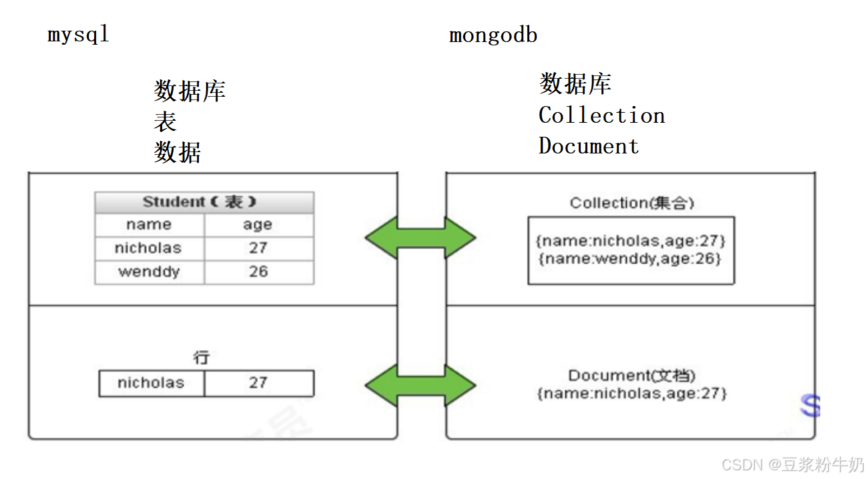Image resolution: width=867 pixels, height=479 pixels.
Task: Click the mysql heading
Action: pyautogui.click(x=78, y=34)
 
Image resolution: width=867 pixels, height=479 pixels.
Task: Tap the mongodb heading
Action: pyautogui.click(x=493, y=35)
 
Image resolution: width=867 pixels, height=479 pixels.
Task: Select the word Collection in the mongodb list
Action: pyautogui.click(x=601, y=115)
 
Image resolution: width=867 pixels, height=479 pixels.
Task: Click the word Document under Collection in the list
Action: pyautogui.click(x=589, y=146)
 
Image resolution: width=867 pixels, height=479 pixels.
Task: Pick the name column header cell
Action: pyautogui.click(x=149, y=225)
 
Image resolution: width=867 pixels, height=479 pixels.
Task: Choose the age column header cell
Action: pyautogui.click(x=258, y=225)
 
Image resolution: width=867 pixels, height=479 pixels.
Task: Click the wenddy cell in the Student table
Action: pyautogui.click(x=149, y=272)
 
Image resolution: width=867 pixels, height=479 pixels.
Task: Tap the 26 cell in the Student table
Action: pyautogui.click(x=258, y=272)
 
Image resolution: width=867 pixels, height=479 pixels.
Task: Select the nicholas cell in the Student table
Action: pyautogui.click(x=148, y=248)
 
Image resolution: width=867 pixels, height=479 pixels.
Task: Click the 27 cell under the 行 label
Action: pyautogui.click(x=258, y=383)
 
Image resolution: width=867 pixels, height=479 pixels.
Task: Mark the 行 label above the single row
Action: pyautogui.click(x=202, y=358)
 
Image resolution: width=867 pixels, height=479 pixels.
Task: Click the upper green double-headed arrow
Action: pyautogui.click(x=420, y=237)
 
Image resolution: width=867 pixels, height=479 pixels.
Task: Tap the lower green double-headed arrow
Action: pyautogui.click(x=420, y=385)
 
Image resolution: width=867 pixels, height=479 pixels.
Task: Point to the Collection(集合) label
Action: pyautogui.click(x=631, y=203)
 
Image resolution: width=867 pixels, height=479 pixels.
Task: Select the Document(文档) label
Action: pyautogui.click(x=632, y=376)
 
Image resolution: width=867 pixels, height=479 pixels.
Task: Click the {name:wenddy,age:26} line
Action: pyautogui.click(x=630, y=259)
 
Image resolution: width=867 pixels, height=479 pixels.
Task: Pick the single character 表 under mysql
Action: pyautogui.click(x=166, y=121)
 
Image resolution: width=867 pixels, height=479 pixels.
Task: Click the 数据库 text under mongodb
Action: pyautogui.click(x=575, y=84)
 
